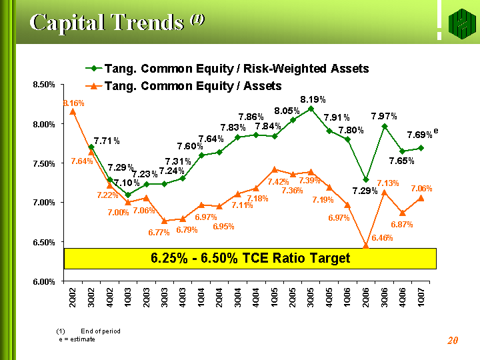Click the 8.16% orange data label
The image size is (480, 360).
tap(73, 103)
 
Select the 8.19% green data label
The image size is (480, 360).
tap(313, 99)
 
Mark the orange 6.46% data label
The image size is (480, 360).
tap(382, 237)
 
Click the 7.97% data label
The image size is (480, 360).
tap(384, 117)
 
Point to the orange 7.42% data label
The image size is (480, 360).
tap(278, 182)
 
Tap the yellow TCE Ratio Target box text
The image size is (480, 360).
tap(250, 258)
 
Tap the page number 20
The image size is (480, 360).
tap(453, 341)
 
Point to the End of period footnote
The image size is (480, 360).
tap(100, 331)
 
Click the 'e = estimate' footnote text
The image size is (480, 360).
tap(77, 339)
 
